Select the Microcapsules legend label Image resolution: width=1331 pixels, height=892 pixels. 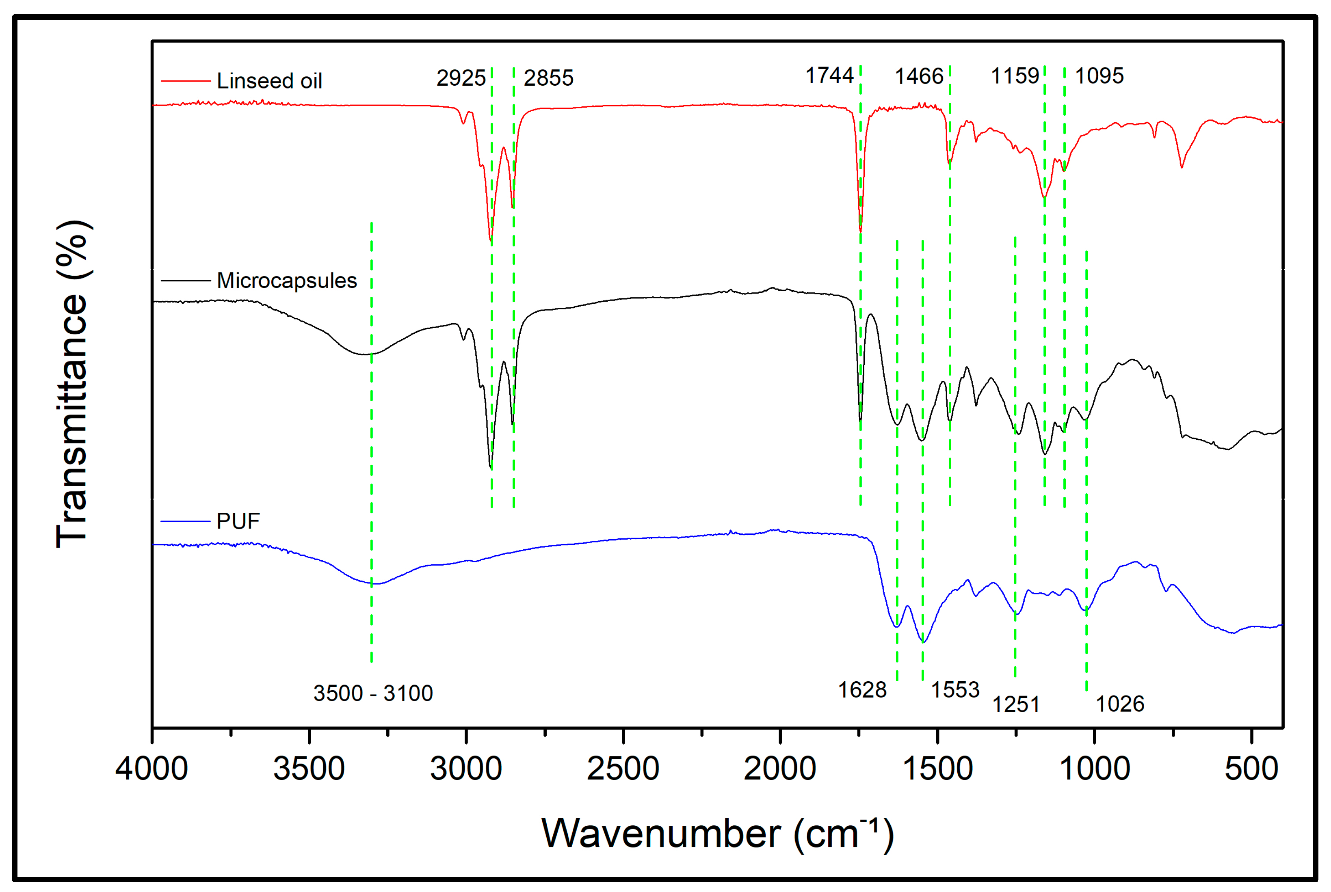(x=286, y=281)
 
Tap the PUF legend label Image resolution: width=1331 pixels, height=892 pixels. (x=238, y=521)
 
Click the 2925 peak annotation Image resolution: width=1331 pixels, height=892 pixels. (x=460, y=78)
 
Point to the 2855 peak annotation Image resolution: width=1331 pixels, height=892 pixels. (x=548, y=78)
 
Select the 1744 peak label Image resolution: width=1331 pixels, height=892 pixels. (x=829, y=76)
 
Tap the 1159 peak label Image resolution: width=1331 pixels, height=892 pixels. (x=1015, y=76)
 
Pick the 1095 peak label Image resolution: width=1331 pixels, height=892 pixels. (x=1099, y=76)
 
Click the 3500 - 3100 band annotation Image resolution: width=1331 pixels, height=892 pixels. (x=373, y=693)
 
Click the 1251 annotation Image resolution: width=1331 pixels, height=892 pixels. (x=1016, y=705)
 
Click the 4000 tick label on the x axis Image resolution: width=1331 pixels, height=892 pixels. (x=151, y=769)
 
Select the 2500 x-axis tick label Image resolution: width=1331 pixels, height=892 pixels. (x=623, y=769)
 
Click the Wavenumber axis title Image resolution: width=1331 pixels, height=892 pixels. (x=717, y=834)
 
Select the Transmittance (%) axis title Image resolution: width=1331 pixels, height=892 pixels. (x=72, y=384)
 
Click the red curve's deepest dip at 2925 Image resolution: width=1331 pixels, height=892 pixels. (x=491, y=240)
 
